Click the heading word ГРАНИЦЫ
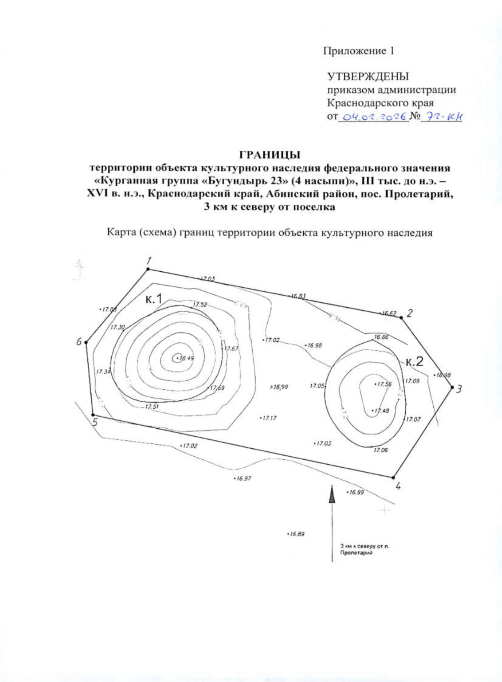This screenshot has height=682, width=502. (270, 155)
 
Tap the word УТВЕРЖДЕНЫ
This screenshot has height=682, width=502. (368, 77)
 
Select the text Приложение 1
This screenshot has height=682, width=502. (359, 51)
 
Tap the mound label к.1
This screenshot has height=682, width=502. (154, 299)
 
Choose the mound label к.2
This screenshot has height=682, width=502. (414, 362)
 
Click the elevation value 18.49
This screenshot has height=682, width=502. (185, 358)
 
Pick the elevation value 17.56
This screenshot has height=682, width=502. (384, 384)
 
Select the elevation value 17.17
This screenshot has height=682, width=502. (269, 418)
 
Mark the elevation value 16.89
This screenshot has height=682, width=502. (297, 534)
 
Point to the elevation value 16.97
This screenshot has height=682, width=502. (243, 478)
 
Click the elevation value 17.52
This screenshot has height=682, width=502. (200, 305)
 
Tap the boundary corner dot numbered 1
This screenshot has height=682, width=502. (148, 269)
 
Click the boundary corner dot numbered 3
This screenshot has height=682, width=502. (452, 388)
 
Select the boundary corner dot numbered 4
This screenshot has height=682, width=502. (394, 477)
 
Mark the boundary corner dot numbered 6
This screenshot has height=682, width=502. (86, 342)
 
